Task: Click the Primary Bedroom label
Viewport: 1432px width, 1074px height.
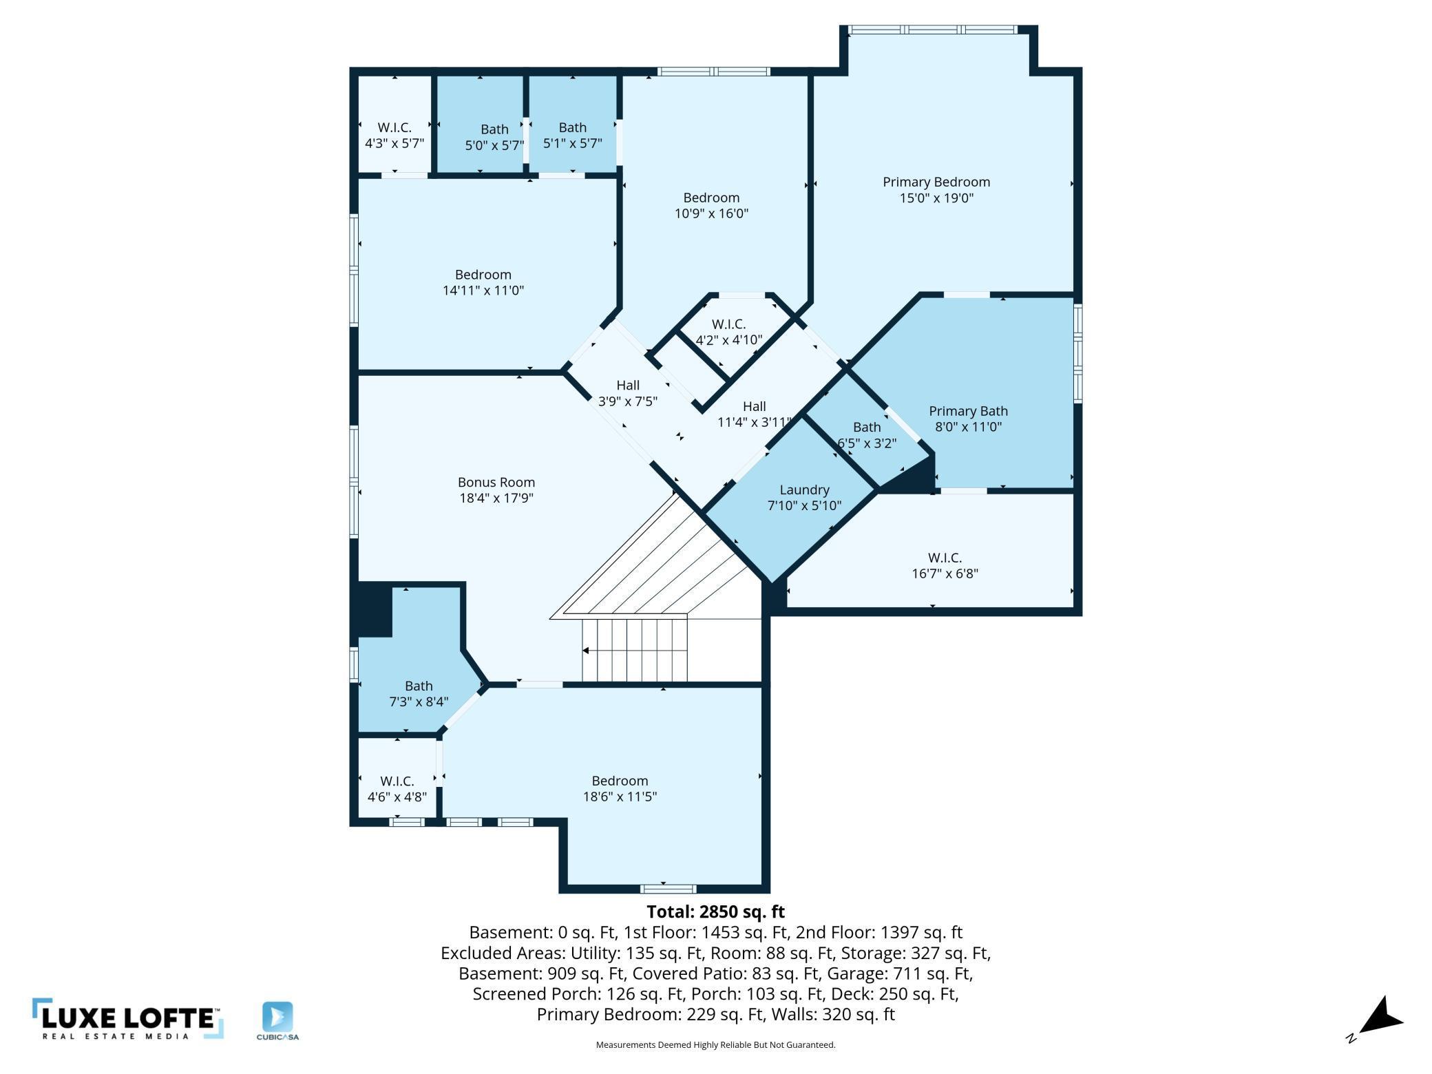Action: pyautogui.click(x=936, y=182)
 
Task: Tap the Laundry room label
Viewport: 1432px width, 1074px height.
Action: pyautogui.click(x=804, y=490)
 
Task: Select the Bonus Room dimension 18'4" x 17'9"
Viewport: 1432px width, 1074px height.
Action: pyautogui.click(x=496, y=498)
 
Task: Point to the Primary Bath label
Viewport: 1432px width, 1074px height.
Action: pyautogui.click(x=968, y=411)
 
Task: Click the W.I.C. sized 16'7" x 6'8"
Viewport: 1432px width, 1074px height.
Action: pyautogui.click(x=945, y=565)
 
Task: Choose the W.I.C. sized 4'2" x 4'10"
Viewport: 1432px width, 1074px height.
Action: pyautogui.click(x=728, y=332)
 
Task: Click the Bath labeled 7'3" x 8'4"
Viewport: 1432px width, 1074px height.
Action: pyautogui.click(x=419, y=693)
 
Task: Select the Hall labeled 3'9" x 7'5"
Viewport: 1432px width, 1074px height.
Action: pyautogui.click(x=628, y=393)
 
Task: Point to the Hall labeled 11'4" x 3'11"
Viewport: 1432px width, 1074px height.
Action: pyautogui.click(x=755, y=414)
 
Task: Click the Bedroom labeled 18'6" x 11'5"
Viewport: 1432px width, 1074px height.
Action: pyautogui.click(x=620, y=788)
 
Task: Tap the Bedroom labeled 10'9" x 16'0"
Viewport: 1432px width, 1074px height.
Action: pyautogui.click(x=711, y=205)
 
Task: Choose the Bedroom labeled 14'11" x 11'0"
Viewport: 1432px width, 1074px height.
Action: pyautogui.click(x=483, y=282)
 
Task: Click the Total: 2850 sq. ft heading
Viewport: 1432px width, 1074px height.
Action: pyautogui.click(x=715, y=912)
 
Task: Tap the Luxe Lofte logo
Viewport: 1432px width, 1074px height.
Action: pyautogui.click(x=128, y=1018)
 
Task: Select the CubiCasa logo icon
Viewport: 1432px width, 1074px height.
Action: pyautogui.click(x=277, y=1017)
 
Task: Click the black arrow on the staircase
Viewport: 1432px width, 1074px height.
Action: pyautogui.click(x=586, y=650)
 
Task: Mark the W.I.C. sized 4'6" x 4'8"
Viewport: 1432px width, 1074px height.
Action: pyautogui.click(x=397, y=788)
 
